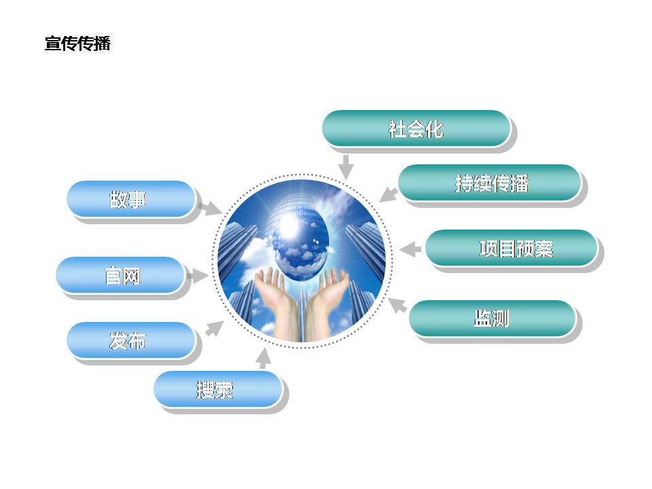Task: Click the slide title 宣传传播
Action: point(77,43)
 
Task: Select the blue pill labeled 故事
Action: point(131,199)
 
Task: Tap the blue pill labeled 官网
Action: point(121,275)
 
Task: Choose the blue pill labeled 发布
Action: point(131,340)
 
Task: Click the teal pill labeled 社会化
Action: point(416,128)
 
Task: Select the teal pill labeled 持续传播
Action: point(490,183)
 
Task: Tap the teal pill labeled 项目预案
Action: point(511,248)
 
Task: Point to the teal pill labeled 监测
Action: point(492,318)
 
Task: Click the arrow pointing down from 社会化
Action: point(346,167)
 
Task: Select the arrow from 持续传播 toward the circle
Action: point(388,194)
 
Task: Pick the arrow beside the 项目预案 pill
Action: point(410,249)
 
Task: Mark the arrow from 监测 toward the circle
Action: point(397,305)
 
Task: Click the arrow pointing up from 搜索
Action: point(263,359)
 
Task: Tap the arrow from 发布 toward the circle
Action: point(215,328)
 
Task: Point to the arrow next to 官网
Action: point(197,276)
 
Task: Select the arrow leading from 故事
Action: point(211,209)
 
